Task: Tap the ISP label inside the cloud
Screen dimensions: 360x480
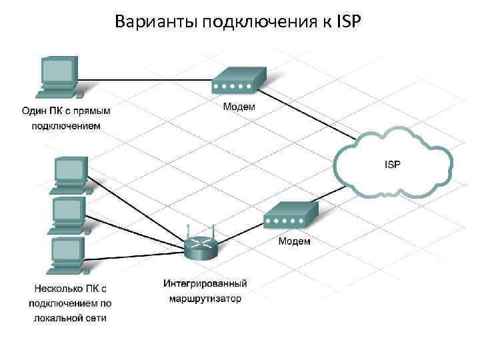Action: point(393,163)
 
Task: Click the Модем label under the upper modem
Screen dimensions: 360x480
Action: point(237,106)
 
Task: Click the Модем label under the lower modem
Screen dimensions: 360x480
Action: point(293,241)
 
